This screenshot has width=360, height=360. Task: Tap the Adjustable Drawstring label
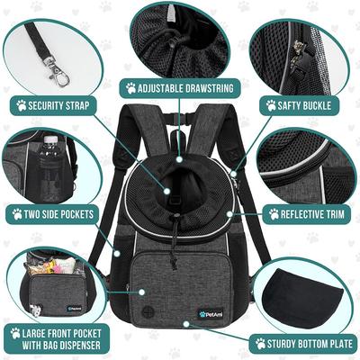(180, 88)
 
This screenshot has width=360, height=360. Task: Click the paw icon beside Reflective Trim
(274, 214)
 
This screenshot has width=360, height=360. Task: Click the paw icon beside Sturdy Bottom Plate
(260, 343)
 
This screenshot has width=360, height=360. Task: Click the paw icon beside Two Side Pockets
(17, 214)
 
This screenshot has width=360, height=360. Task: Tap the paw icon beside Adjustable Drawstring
(130, 88)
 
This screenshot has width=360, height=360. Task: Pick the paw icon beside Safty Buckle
(271, 104)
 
